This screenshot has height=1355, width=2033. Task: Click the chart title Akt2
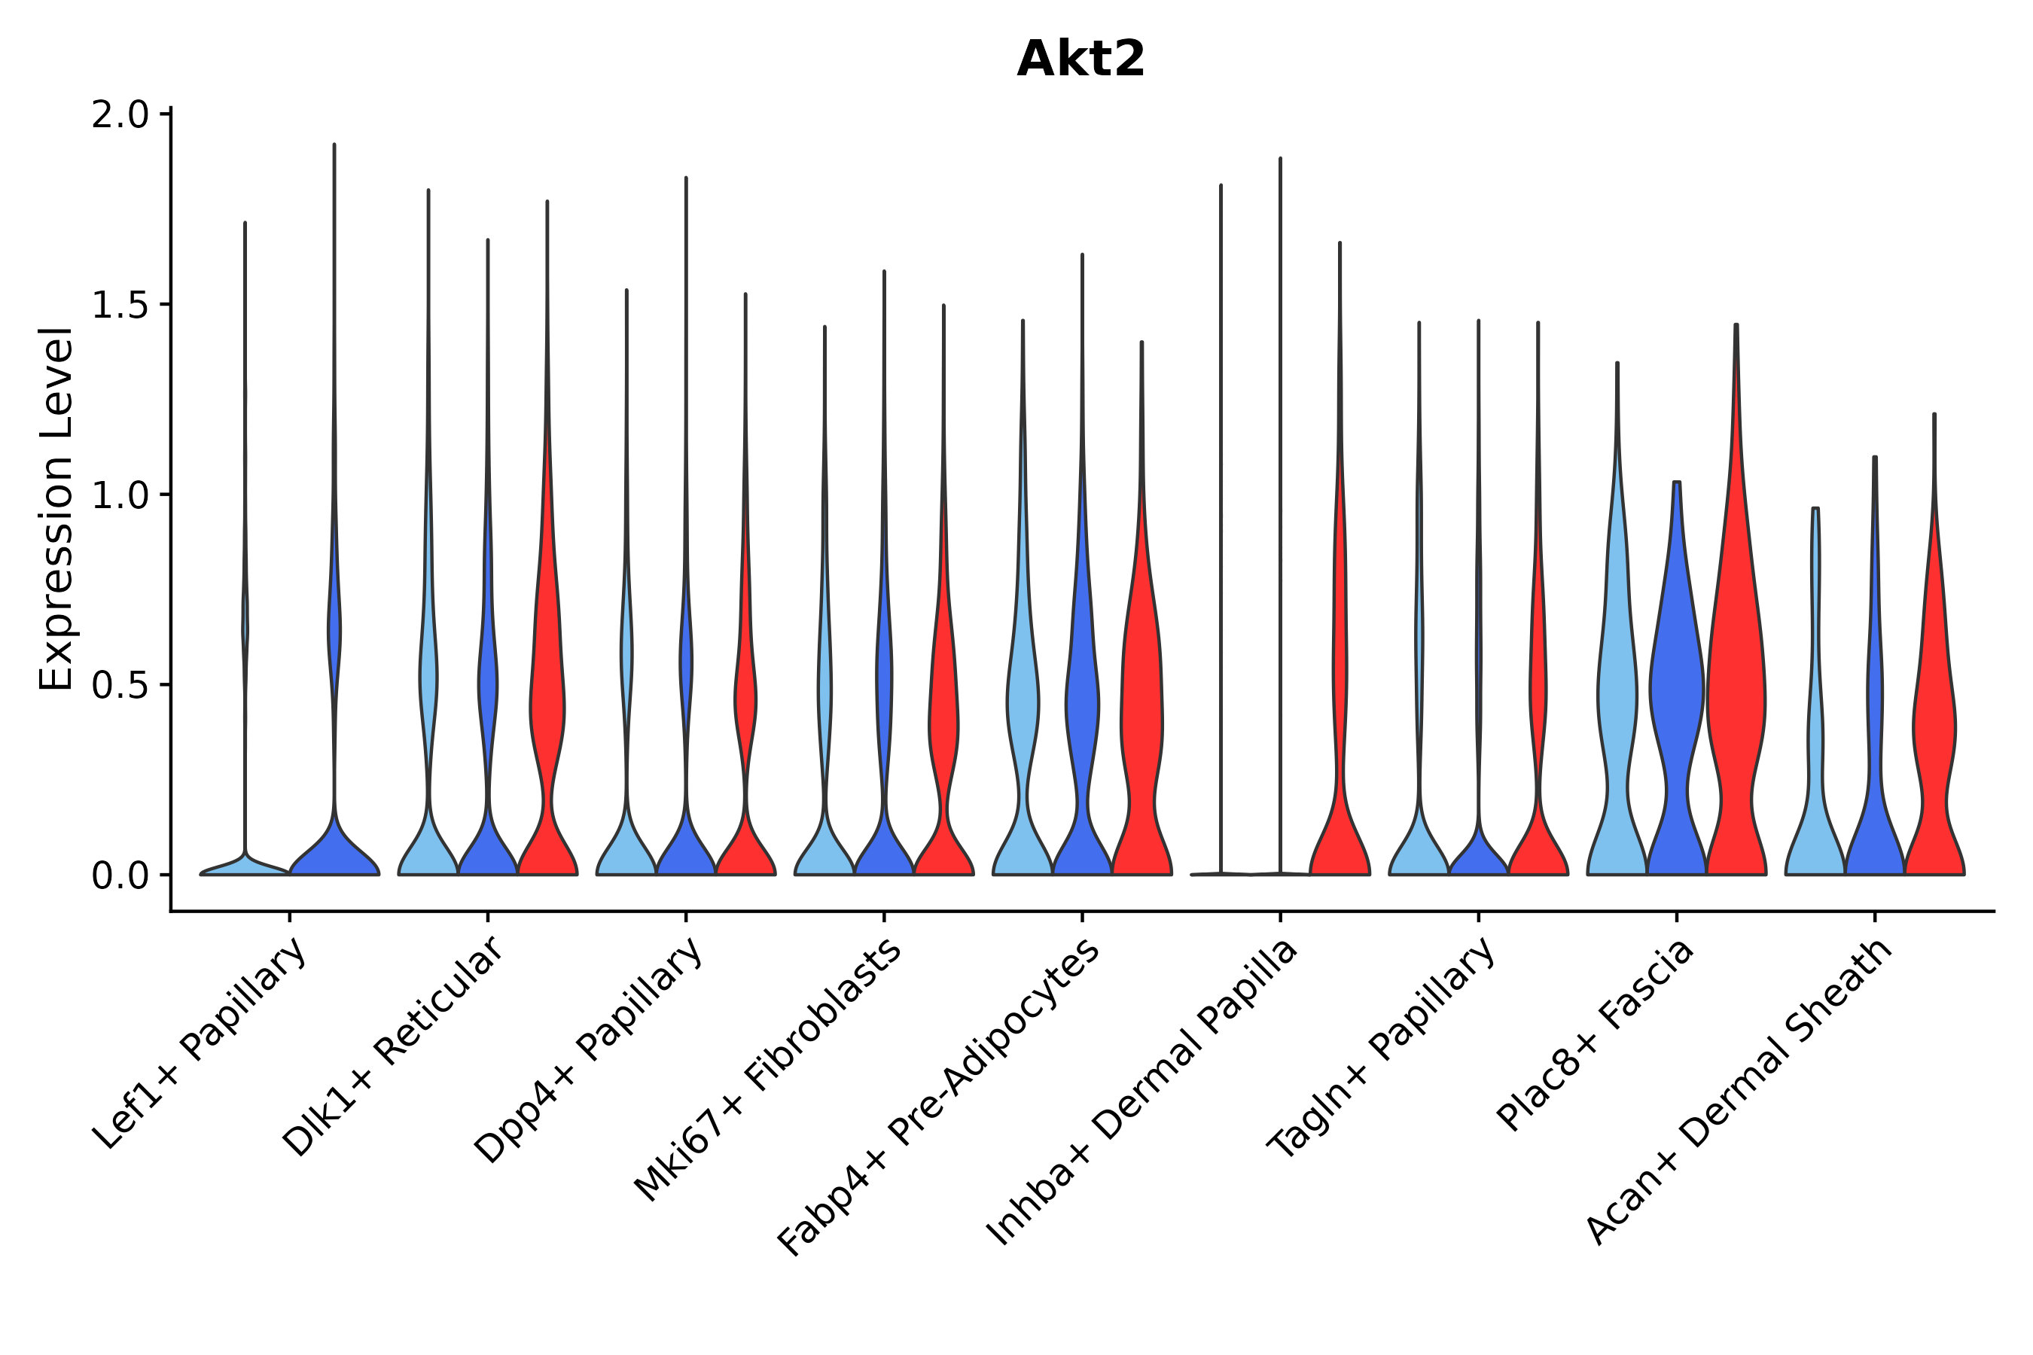1081,59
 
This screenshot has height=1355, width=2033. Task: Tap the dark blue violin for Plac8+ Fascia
1676,691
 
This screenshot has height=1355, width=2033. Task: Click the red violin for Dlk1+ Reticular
547,708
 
